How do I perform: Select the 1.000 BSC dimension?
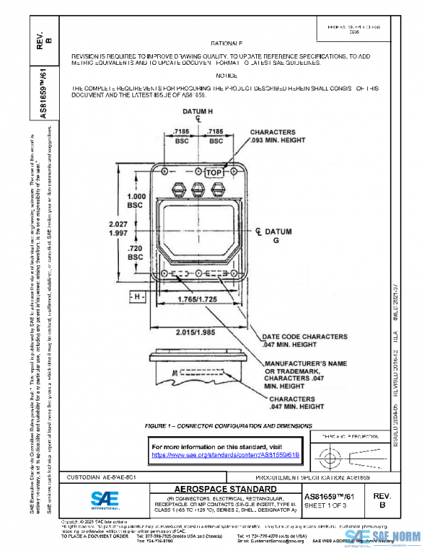click(135, 200)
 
